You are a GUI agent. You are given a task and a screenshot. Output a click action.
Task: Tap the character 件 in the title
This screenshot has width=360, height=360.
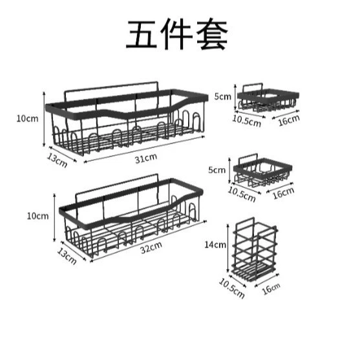click(x=176, y=34)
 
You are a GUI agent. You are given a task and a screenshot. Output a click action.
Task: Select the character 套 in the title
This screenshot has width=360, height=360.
click(x=212, y=34)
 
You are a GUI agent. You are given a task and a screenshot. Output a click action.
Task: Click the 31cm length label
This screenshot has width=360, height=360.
click(x=146, y=158)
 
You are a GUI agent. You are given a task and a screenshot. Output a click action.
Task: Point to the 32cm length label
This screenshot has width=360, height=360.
click(x=151, y=248)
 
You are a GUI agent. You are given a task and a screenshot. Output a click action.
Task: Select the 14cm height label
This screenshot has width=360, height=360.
click(x=215, y=245)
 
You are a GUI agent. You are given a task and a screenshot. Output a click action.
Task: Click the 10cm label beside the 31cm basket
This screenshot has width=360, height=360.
click(x=27, y=119)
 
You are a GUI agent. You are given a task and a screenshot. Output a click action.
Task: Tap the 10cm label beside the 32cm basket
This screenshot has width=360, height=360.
click(x=38, y=216)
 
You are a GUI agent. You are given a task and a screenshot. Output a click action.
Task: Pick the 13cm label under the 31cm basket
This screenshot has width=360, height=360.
click(x=57, y=160)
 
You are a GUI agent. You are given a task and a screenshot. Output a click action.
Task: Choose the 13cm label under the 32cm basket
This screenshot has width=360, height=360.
click(x=67, y=256)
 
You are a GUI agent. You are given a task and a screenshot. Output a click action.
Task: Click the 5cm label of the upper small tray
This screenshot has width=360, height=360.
click(x=223, y=97)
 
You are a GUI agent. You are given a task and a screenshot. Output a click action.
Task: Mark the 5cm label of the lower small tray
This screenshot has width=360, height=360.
click(x=217, y=170)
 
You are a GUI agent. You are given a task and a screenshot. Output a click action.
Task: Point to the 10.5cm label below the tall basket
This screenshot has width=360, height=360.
click(x=231, y=288)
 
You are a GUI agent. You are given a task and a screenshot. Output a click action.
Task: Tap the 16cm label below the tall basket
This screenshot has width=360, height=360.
click(x=271, y=289)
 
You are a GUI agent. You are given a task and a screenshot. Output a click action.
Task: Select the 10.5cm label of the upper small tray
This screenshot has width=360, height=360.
click(x=247, y=121)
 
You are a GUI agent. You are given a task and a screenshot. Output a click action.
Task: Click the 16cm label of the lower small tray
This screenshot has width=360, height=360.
click(x=283, y=193)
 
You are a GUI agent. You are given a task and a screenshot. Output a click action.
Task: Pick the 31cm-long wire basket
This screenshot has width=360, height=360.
click(x=127, y=118)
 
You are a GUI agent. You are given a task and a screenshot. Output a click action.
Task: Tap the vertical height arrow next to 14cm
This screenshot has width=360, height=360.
click(x=228, y=248)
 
